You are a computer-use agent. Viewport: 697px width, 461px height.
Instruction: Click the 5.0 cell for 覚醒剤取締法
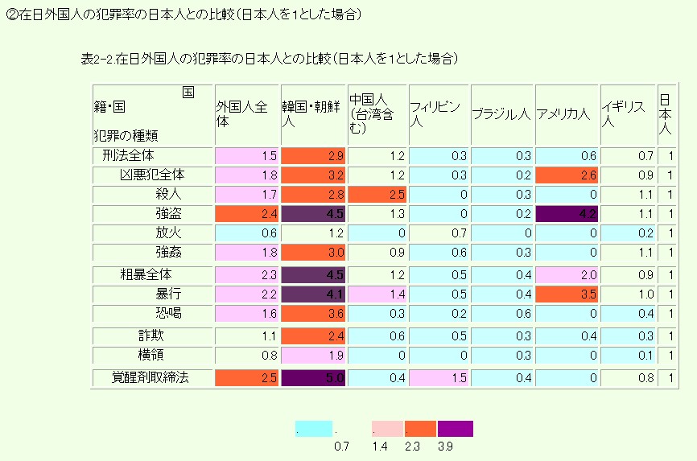(313, 377)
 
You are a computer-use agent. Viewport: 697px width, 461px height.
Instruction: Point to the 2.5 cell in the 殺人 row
(377, 194)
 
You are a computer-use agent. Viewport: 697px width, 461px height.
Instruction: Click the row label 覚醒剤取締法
(151, 377)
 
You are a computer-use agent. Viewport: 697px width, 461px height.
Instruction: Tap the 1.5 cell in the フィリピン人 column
(438, 377)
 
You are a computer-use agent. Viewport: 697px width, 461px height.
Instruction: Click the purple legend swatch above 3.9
(455, 428)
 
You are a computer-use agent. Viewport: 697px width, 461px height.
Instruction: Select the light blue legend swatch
(314, 428)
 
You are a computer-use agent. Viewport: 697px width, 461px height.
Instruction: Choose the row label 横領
(151, 355)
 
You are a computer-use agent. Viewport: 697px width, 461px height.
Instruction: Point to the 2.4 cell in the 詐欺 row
(313, 335)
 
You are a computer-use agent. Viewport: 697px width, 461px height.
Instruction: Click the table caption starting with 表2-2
(270, 58)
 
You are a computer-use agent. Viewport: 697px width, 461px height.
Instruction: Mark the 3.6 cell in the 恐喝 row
(313, 314)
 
